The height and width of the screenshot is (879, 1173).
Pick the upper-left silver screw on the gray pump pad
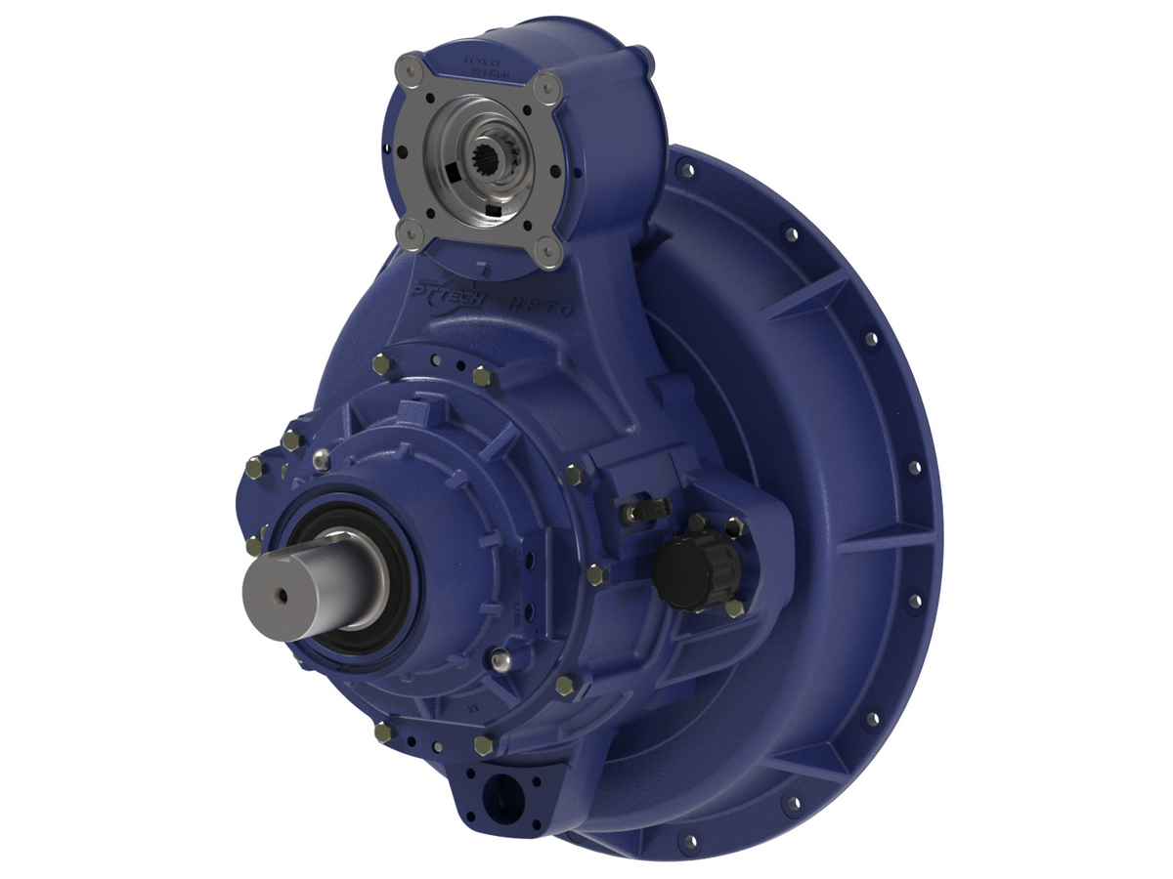pos(408,69)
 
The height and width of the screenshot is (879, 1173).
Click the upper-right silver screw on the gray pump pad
pos(549,86)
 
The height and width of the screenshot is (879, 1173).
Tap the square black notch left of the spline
pos(450,173)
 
